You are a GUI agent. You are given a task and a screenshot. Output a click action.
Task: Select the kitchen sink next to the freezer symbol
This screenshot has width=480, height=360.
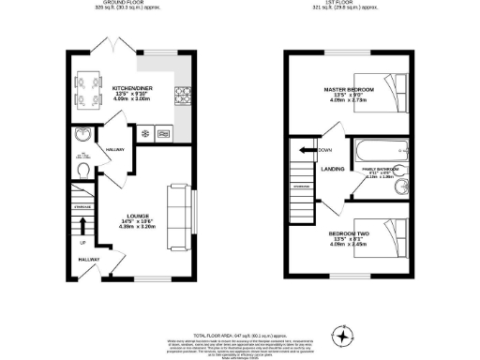[165, 132]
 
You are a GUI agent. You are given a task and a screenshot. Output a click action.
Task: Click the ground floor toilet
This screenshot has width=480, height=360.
[82, 171]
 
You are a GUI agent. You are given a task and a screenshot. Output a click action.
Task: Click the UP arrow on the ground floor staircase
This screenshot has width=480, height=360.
[82, 226]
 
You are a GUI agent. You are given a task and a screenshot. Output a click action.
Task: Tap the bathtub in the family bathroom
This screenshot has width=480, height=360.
[379, 149]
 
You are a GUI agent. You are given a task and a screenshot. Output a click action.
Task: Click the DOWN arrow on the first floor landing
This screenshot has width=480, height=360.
[306, 149]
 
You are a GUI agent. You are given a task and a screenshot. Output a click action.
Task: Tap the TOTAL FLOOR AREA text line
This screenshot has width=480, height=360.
[240, 333]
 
